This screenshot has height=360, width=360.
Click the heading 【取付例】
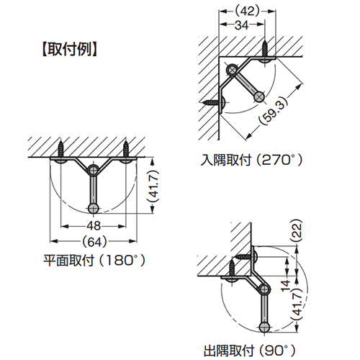[70, 50]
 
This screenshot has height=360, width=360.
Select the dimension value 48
[94, 226]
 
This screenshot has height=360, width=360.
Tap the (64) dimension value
[94, 242]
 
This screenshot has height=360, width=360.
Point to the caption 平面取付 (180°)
[94, 261]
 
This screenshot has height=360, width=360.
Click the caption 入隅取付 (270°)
[251, 160]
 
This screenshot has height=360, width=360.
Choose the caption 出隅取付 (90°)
[250, 351]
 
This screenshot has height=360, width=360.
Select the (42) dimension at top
[247, 11]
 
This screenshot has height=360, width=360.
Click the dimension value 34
[242, 25]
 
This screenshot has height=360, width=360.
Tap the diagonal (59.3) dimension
[273, 110]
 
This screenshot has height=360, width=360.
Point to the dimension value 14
[286, 286]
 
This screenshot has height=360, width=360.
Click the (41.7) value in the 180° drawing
[153, 186]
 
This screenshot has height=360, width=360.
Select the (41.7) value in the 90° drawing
[297, 304]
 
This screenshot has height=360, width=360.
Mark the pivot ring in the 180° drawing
[93, 170]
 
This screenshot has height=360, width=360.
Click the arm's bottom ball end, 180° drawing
[94, 209]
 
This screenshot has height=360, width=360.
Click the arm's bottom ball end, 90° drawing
[265, 327]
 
